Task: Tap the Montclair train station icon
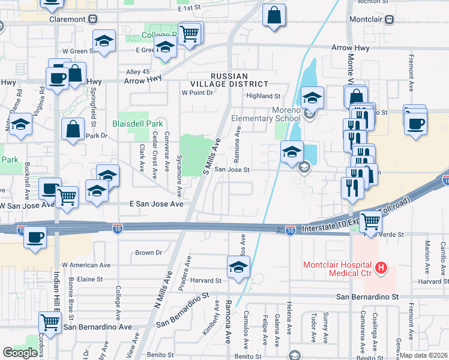point(390,19)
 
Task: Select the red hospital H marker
point(379,267)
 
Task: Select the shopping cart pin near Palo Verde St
point(370,221)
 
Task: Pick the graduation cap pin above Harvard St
point(238,266)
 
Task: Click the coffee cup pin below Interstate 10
point(35,237)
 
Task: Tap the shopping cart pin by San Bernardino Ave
point(50,322)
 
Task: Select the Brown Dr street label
point(149,253)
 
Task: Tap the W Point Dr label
point(197,93)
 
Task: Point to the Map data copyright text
point(424,355)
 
